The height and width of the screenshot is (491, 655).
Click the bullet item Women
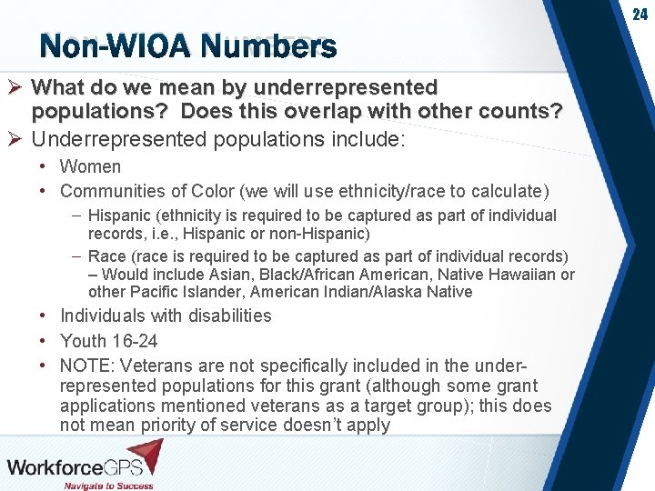[x=90, y=166]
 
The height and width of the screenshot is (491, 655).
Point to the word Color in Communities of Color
[x=215, y=191]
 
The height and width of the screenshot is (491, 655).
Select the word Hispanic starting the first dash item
[x=121, y=215]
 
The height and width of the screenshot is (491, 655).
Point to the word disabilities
[x=229, y=316]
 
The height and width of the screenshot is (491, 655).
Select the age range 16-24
[x=133, y=341]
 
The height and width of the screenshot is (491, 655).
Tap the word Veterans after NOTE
[x=153, y=366]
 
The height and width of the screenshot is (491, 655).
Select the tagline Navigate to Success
[x=108, y=486]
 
